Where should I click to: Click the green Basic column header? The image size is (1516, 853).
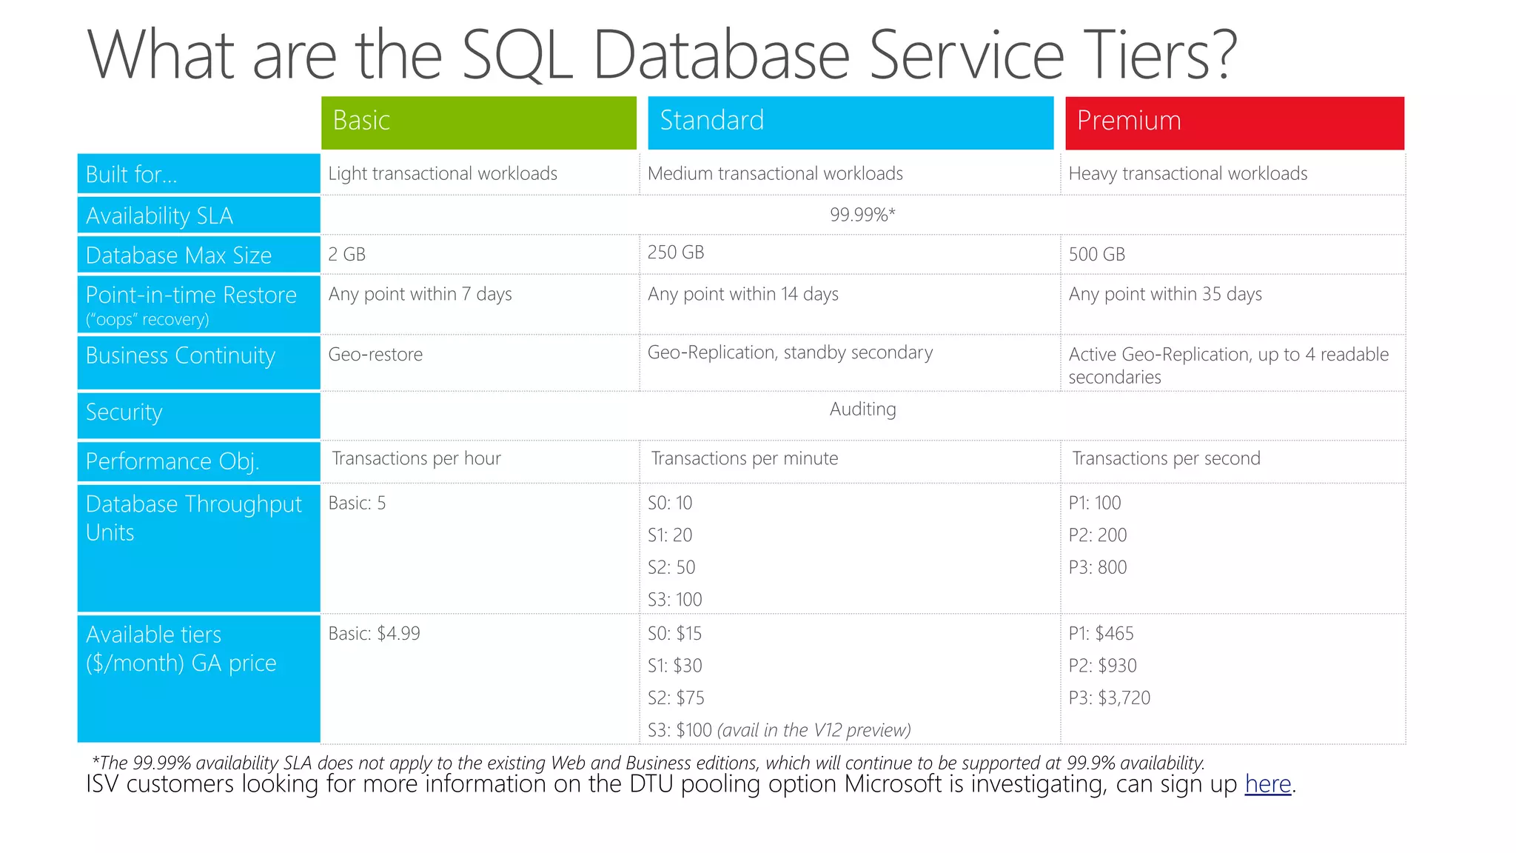click(478, 122)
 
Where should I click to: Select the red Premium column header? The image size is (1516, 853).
click(1234, 122)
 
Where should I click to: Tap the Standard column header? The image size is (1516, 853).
click(850, 122)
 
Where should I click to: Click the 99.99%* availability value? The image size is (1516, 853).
click(862, 215)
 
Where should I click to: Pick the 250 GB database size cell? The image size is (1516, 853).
click(676, 252)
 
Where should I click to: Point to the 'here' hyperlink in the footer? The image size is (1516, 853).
click(1267, 783)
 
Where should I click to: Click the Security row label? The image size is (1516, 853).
click(124, 412)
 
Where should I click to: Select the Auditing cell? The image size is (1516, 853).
click(862, 409)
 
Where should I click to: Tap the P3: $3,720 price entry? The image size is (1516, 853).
click(1109, 698)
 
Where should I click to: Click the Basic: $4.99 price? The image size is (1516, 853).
click(374, 634)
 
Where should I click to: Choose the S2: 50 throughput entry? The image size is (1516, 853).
click(671, 567)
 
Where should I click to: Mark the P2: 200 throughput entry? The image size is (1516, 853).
click(1097, 535)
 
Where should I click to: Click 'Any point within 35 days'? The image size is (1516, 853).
click(1165, 294)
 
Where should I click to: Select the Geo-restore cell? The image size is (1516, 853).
click(375, 355)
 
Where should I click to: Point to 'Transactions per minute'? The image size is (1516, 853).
click(744, 458)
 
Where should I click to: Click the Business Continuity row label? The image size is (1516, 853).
click(181, 356)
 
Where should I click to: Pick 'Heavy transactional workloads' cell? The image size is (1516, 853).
click(1187, 173)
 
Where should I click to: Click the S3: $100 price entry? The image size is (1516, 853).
click(680, 730)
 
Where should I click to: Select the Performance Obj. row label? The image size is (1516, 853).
click(172, 461)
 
